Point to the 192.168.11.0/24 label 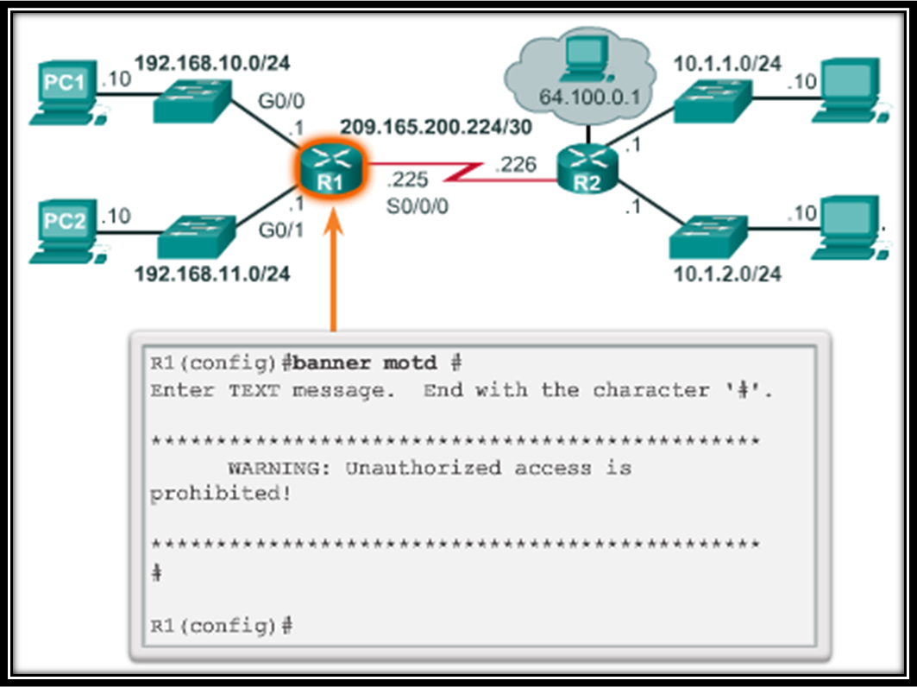tap(211, 274)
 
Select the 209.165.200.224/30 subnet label tap(437, 127)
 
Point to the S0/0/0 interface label tap(418, 207)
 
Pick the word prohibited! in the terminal tap(220, 494)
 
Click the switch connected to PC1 tap(194, 101)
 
